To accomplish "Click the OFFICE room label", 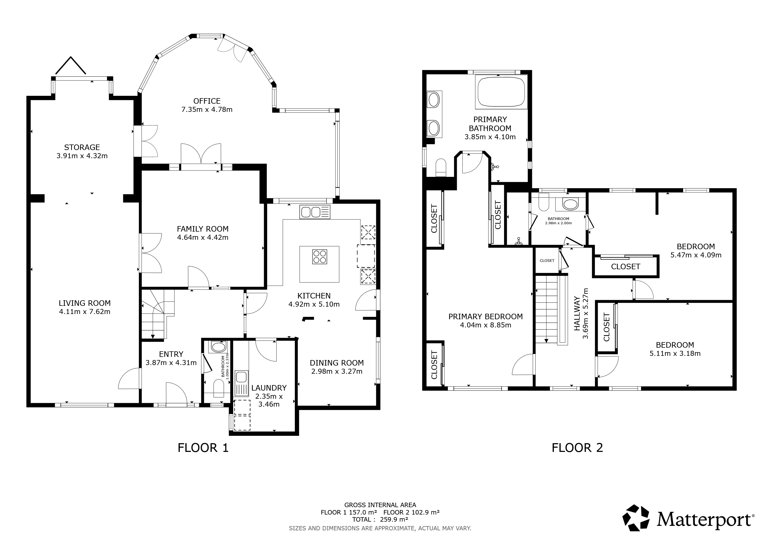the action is tap(207, 101).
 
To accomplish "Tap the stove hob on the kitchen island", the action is tap(320, 257).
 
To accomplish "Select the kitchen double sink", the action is tap(315, 212).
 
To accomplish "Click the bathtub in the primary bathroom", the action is tap(501, 92).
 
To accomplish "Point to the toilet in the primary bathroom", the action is tap(441, 168).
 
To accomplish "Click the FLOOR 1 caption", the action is tap(203, 448).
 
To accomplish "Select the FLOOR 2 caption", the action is tap(577, 448).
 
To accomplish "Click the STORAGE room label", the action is tap(82, 147).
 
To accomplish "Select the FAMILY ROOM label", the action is tap(203, 229).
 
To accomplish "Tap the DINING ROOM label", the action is tap(337, 363).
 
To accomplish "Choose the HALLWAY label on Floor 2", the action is tap(577, 313).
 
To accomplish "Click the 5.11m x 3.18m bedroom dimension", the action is tap(675, 353).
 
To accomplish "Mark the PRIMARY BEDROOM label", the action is tap(486, 317).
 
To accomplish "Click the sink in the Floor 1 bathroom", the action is tap(218, 347).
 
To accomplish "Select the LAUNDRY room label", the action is tap(269, 388).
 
